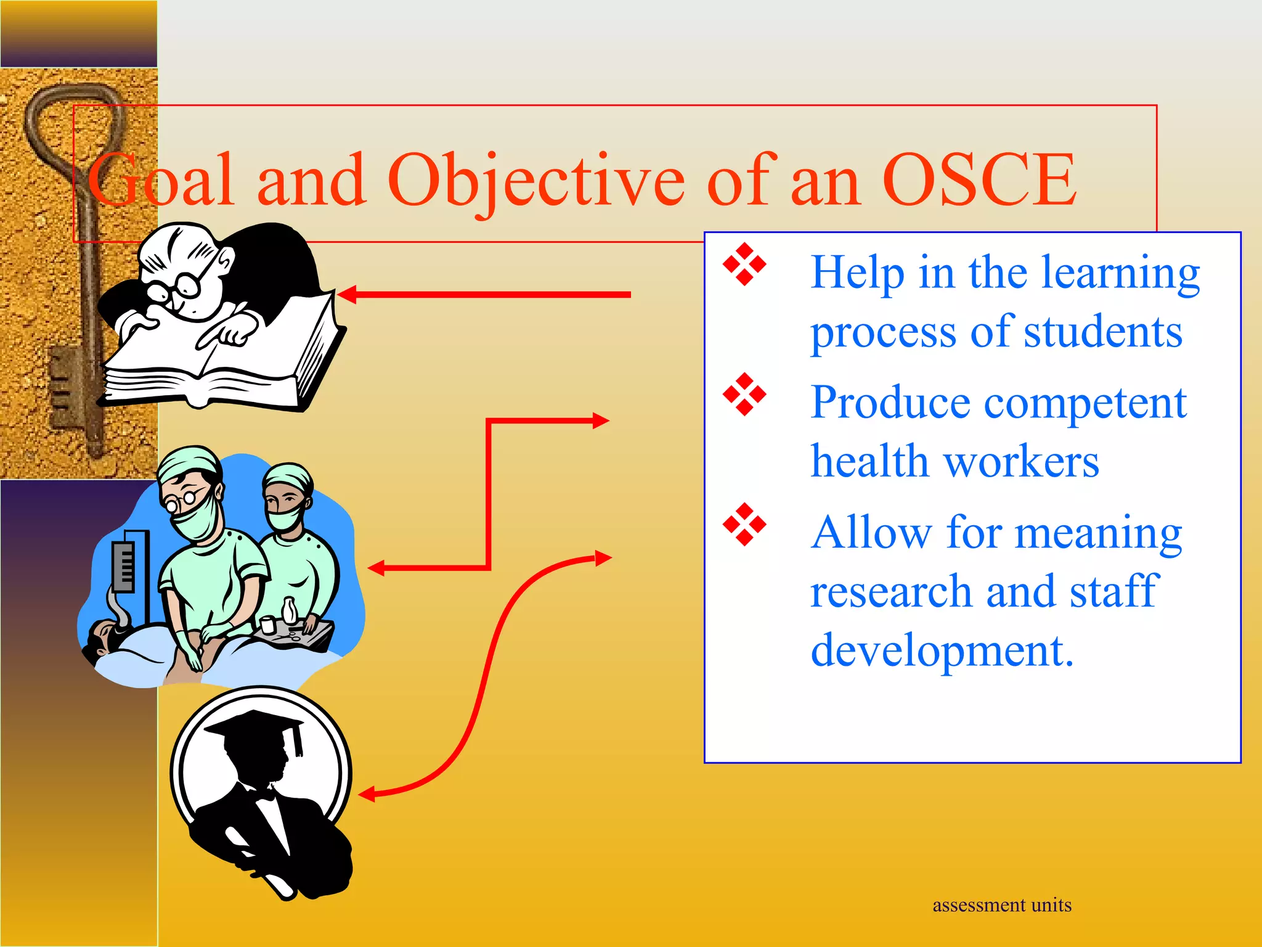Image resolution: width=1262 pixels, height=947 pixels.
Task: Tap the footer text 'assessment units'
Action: pos(1002,905)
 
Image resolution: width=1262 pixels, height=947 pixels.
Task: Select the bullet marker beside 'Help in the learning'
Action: pos(744,264)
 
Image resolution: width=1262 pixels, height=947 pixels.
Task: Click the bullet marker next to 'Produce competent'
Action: pos(744,395)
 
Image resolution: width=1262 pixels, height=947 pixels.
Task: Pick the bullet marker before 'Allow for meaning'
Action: pos(744,525)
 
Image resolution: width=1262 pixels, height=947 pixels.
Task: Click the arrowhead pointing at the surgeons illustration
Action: pos(376,568)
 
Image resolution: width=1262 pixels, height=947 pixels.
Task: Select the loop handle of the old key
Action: pos(74,123)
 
